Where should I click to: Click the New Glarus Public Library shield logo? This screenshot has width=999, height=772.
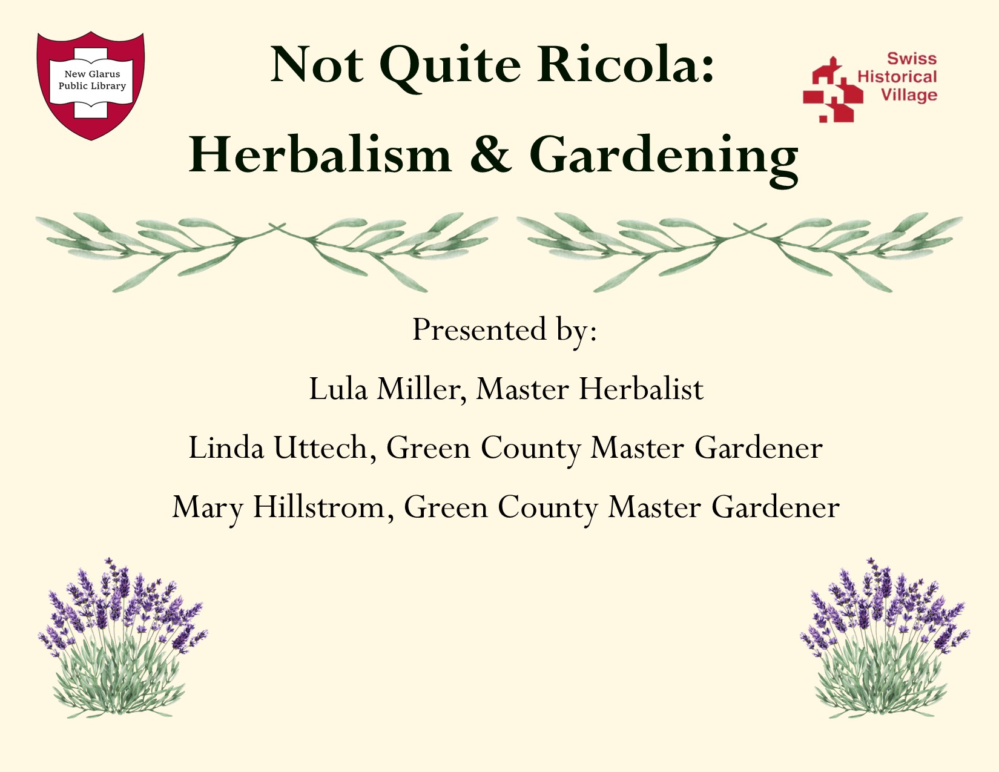click(91, 85)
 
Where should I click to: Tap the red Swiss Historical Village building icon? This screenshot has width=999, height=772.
click(832, 90)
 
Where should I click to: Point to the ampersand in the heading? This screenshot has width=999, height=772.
click(490, 154)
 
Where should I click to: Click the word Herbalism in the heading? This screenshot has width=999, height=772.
click(320, 154)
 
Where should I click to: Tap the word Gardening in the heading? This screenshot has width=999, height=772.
click(664, 159)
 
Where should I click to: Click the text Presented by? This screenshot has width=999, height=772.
click(504, 330)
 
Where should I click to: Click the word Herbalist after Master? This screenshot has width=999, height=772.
click(641, 389)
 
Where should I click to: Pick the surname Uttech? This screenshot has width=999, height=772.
click(325, 447)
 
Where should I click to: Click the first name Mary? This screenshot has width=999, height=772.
click(207, 509)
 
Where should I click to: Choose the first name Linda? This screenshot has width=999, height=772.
click(226, 447)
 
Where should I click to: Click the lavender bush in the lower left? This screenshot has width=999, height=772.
click(122, 638)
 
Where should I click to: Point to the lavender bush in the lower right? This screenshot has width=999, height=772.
click(884, 638)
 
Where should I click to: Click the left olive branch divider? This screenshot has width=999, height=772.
click(266, 251)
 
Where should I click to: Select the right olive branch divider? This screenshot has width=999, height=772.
click(739, 251)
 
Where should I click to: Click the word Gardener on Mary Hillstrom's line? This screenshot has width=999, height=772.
click(776, 507)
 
